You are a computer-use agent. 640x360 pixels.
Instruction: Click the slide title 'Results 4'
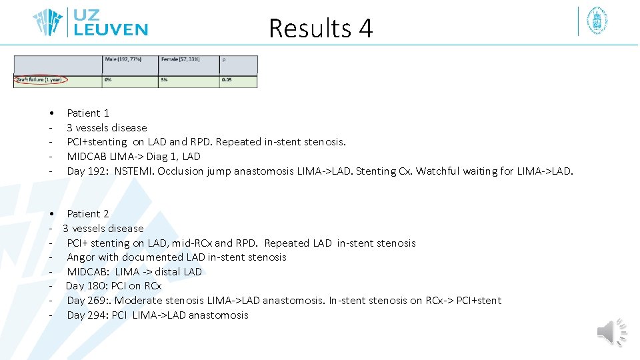click(x=320, y=28)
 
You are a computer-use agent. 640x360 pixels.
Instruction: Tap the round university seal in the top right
click(x=597, y=21)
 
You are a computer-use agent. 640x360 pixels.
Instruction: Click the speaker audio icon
click(x=611, y=333)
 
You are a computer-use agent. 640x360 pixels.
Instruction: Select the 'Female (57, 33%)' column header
click(x=180, y=60)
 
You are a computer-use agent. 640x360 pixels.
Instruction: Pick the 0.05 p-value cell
click(x=227, y=81)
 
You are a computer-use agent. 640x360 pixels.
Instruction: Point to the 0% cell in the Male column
click(x=108, y=81)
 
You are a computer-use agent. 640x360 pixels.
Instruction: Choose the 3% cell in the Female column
click(x=164, y=81)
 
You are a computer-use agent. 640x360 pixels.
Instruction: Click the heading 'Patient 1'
click(x=87, y=113)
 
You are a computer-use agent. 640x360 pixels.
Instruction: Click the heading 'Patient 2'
click(x=87, y=214)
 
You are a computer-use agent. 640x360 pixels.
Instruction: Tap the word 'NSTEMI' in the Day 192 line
click(x=132, y=171)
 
